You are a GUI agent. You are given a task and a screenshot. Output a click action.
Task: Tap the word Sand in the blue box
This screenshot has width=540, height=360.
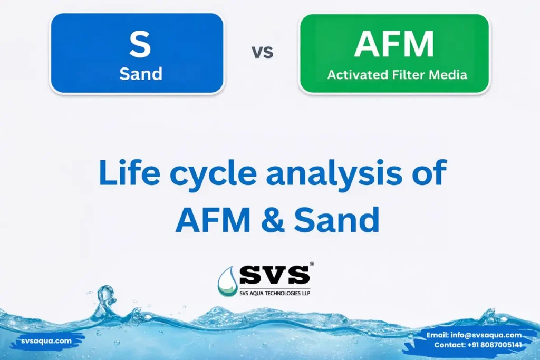pyautogui.click(x=140, y=73)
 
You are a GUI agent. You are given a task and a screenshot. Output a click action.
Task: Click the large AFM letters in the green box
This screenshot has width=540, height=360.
pyautogui.click(x=394, y=44)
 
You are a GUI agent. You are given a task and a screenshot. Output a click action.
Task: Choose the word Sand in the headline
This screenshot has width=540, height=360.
pyautogui.click(x=336, y=220)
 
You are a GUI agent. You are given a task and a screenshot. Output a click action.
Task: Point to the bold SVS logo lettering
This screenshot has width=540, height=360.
pyautogui.click(x=274, y=275)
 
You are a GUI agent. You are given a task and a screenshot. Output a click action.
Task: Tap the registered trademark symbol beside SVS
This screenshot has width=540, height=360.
pyautogui.click(x=312, y=264)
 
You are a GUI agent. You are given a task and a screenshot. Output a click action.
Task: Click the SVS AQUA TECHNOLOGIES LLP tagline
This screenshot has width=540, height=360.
pyautogui.click(x=274, y=292)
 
